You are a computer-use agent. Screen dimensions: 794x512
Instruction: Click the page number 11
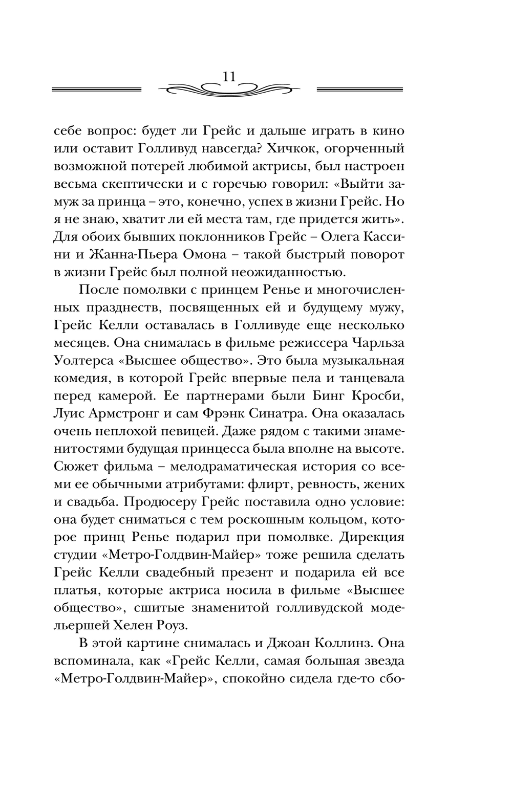click(229, 76)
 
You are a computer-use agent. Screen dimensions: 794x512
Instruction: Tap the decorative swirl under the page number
click(229, 90)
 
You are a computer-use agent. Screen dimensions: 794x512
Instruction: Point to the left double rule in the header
click(97, 90)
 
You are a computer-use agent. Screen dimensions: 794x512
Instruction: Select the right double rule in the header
click(360, 90)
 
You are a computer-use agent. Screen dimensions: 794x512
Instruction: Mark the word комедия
click(81, 379)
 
